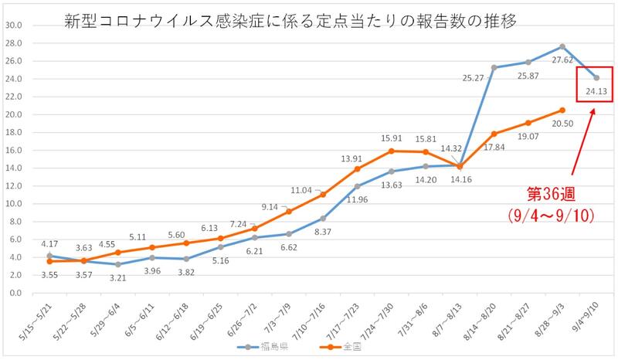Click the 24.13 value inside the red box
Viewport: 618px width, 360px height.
[596, 91]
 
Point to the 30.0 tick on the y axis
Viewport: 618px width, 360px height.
[15, 25]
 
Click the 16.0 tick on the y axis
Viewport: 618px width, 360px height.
[15, 150]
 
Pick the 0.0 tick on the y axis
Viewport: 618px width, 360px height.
[17, 294]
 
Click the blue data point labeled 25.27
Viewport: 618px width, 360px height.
[494, 67]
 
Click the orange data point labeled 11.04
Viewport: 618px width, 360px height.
[323, 195]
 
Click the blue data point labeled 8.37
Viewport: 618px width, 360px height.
[323, 219]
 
